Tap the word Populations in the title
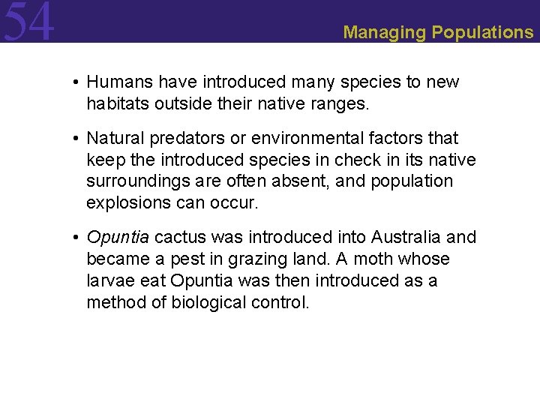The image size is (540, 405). coord(482,32)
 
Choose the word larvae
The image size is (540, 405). coord(110,281)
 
